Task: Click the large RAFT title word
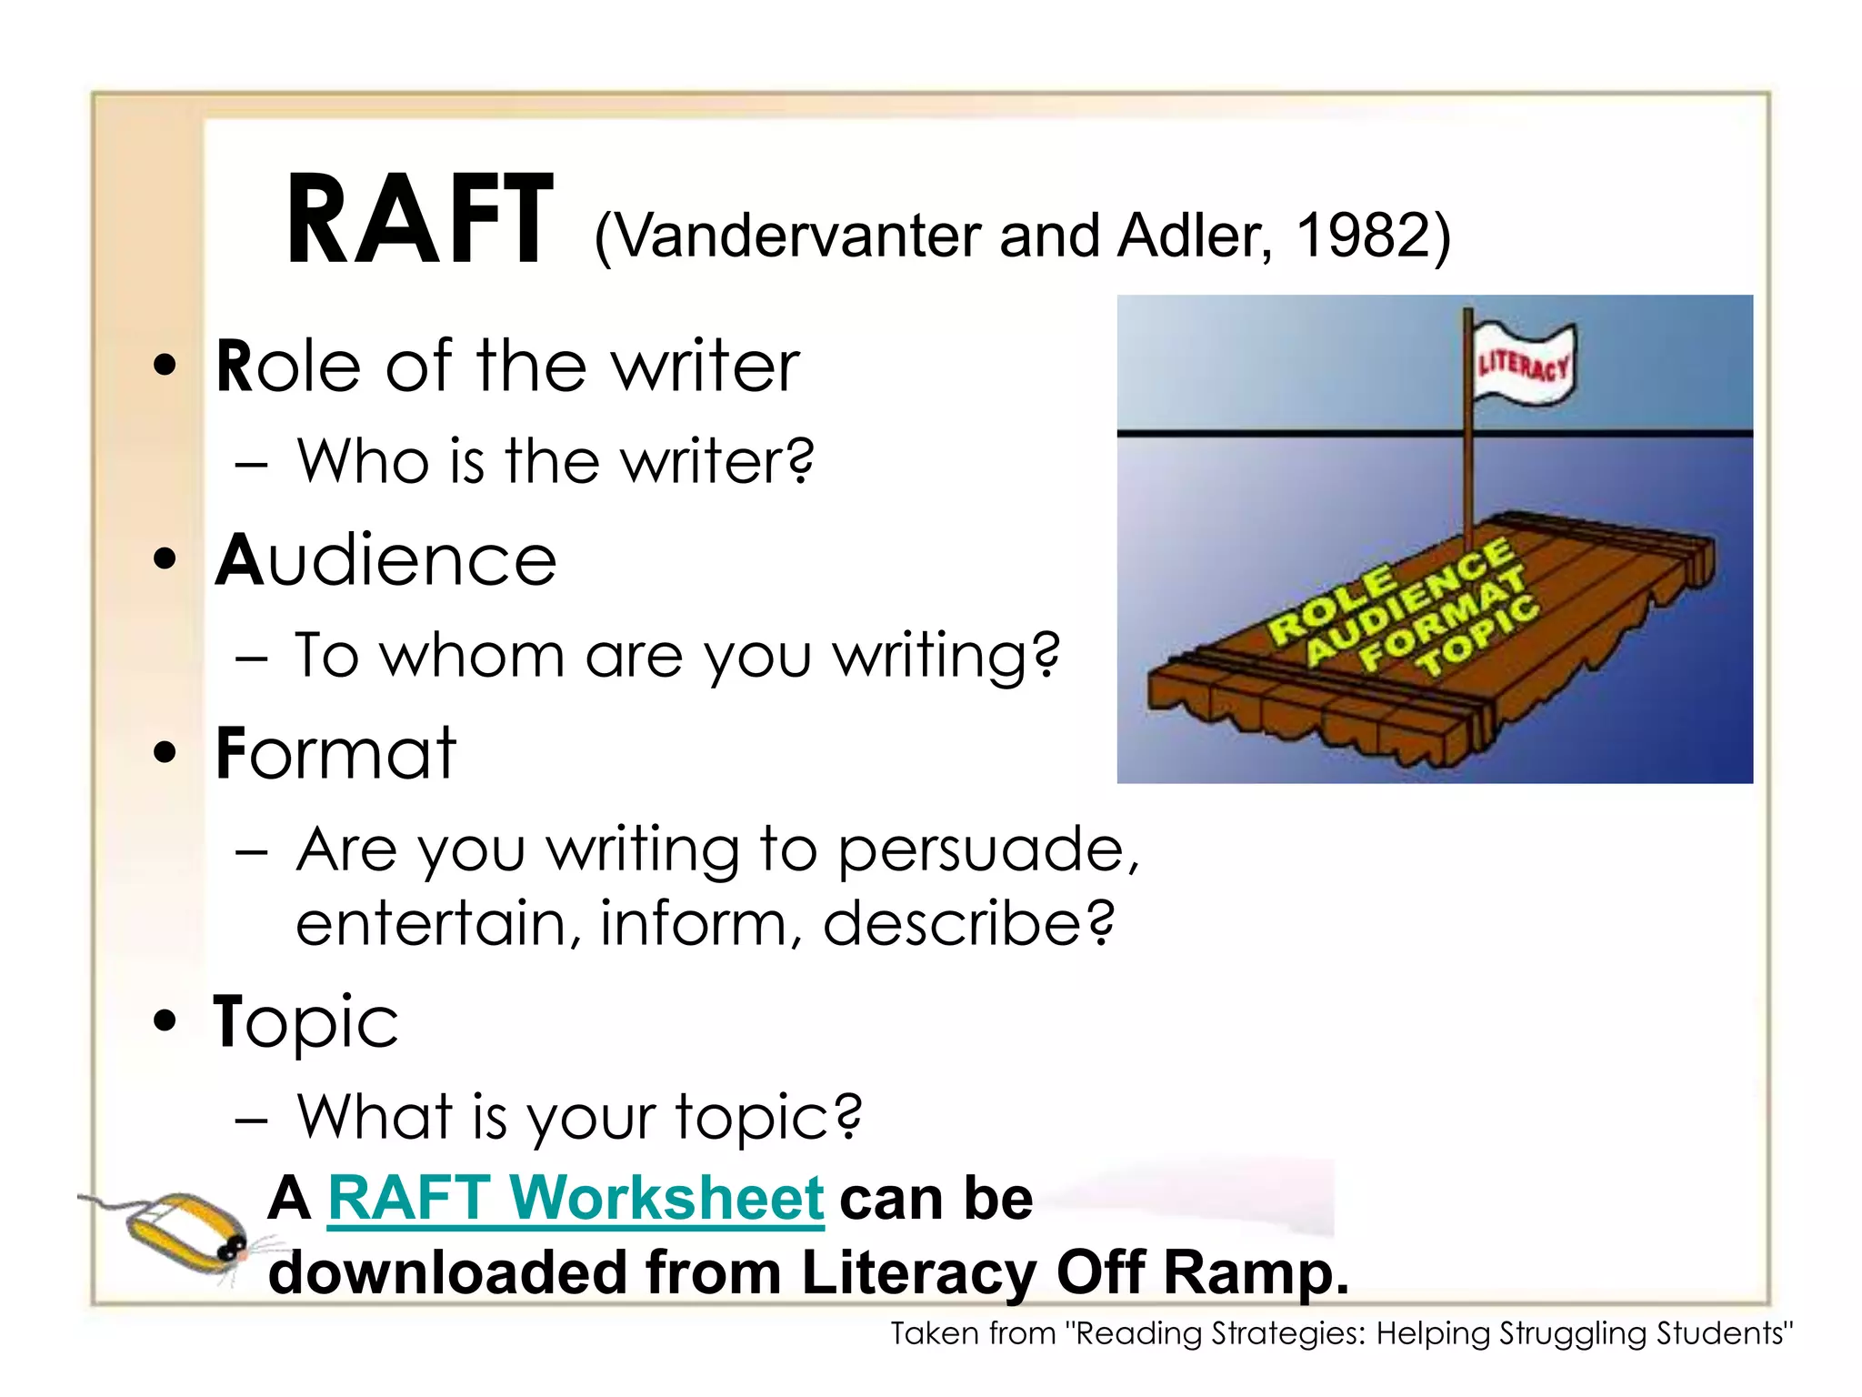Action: (x=419, y=221)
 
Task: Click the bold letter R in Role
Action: (x=234, y=366)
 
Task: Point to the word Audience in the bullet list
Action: (x=385, y=560)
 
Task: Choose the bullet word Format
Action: (x=335, y=754)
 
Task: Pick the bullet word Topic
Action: (x=305, y=1022)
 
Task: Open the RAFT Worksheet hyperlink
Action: (x=576, y=1198)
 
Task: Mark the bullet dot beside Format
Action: (x=165, y=753)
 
